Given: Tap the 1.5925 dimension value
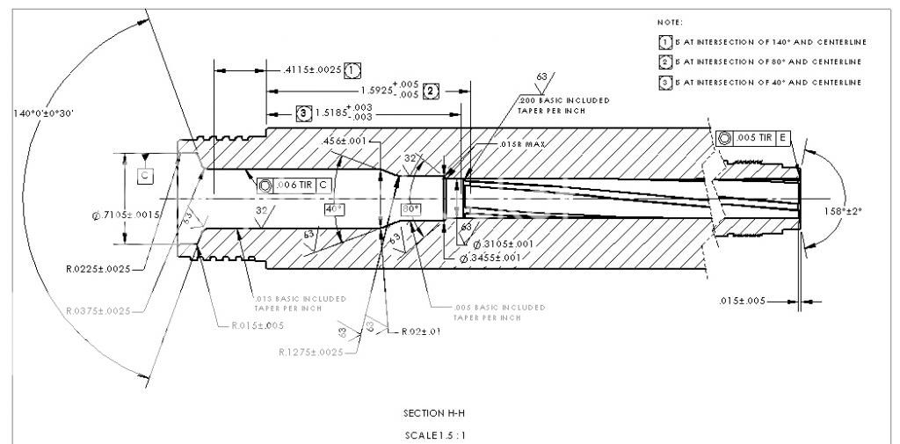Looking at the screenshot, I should pyautogui.click(x=389, y=91).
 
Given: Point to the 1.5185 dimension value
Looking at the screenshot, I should pyautogui.click(x=342, y=113).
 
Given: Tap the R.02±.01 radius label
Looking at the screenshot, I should pyautogui.click(x=420, y=331).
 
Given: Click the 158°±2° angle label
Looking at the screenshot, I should pyautogui.click(x=863, y=211).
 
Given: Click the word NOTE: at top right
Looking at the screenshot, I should pyautogui.click(x=670, y=21).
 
